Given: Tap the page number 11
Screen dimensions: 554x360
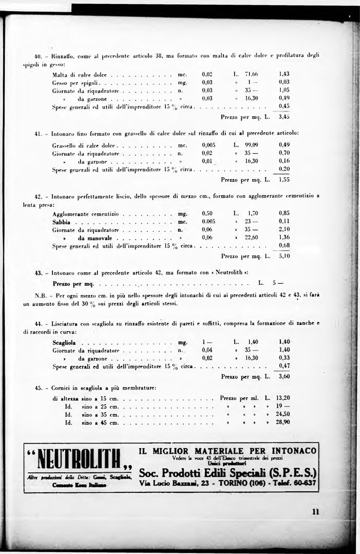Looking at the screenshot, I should coord(315,511).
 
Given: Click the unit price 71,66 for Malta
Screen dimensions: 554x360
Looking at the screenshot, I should coord(251,74).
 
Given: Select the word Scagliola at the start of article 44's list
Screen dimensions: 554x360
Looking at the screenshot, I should coord(64,342).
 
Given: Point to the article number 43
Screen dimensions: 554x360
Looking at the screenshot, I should coord(39,272).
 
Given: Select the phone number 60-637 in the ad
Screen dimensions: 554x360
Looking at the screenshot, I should coord(304,484).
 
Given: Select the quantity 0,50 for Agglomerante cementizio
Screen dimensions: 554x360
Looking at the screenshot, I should coord(207,213).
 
